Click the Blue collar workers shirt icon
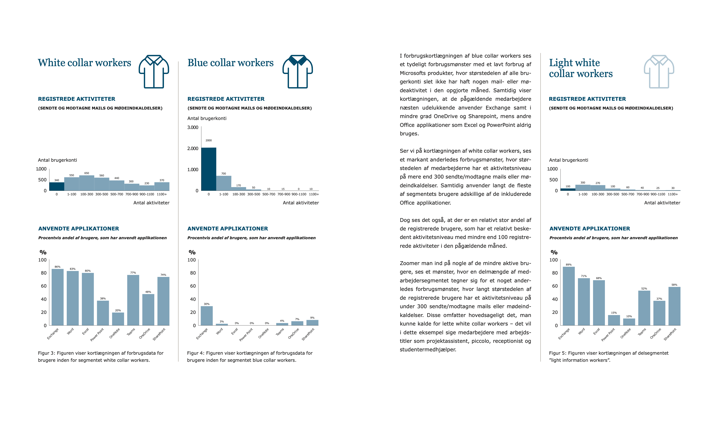[x=297, y=71]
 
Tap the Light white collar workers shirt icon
[x=659, y=71]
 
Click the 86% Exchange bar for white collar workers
[x=58, y=297]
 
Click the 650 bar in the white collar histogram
[x=87, y=183]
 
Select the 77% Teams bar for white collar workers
[x=133, y=300]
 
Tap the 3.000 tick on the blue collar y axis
[x=193, y=127]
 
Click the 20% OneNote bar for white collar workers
[x=118, y=319]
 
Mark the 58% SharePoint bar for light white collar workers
[x=674, y=306]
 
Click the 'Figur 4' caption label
[x=195, y=353]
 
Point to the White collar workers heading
[x=84, y=63]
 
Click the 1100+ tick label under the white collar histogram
[x=162, y=194]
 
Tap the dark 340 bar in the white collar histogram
[x=57, y=186]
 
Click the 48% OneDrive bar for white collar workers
[x=148, y=309]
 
